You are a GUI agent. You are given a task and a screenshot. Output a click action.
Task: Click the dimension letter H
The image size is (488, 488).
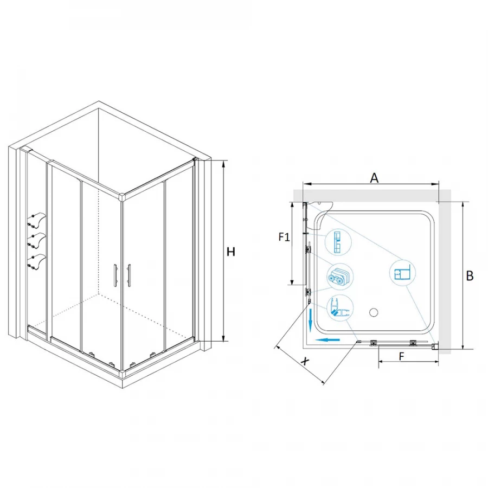coord(230,252)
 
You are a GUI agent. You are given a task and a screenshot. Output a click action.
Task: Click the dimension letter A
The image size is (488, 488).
coord(374,178)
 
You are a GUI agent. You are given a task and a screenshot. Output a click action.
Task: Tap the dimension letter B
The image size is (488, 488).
coord(470,276)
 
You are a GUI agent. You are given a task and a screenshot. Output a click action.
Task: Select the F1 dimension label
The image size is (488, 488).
coord(284,237)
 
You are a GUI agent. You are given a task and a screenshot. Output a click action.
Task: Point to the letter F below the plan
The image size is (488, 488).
coord(401,356)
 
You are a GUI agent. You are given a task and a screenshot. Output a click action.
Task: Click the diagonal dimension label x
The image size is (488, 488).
coord(306,361)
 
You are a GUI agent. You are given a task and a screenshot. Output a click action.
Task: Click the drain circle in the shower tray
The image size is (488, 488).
coord(373,312)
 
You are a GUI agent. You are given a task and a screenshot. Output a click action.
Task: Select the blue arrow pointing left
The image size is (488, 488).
coord(327,339)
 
